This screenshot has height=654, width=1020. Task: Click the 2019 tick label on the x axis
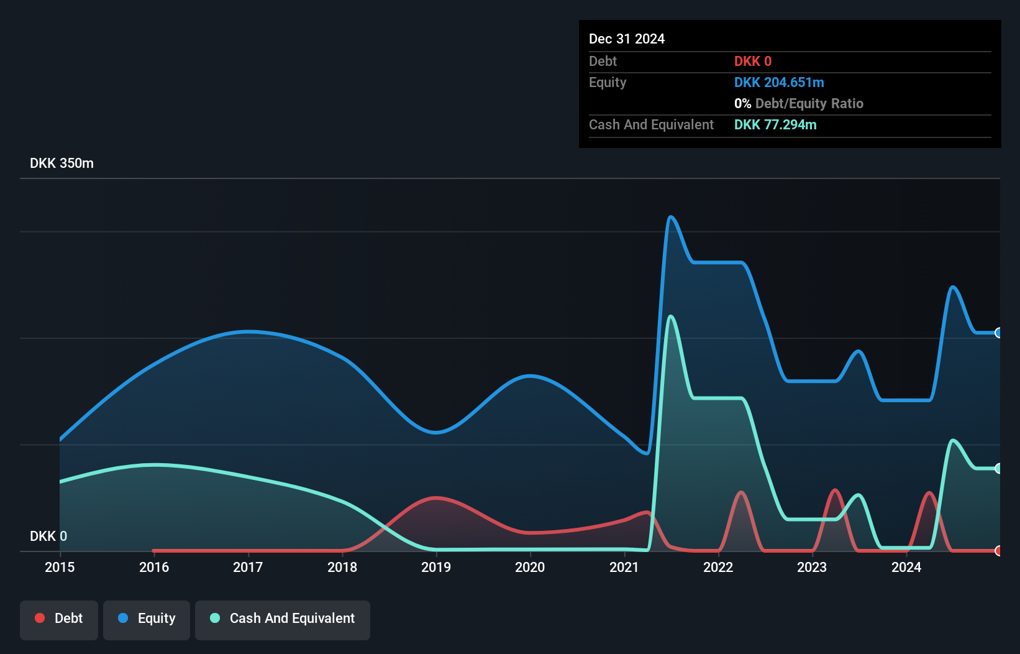tap(436, 567)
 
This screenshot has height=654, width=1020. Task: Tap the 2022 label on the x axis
tap(718, 567)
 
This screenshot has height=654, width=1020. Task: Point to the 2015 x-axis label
tap(60, 567)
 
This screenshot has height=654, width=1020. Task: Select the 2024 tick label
tap(906, 567)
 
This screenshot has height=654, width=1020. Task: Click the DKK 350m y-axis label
tap(61, 163)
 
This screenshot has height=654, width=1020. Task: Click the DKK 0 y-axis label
tap(48, 536)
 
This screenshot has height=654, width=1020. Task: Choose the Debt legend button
tap(59, 619)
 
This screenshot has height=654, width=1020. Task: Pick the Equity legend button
tap(147, 619)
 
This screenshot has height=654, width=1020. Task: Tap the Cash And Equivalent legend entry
tap(283, 619)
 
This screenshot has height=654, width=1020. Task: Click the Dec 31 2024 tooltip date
tap(626, 39)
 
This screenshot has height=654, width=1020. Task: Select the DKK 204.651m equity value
tap(779, 83)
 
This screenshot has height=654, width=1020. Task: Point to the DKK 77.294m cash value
tap(775, 125)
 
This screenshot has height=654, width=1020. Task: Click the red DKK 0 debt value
tap(752, 62)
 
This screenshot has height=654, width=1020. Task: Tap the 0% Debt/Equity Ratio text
tap(799, 104)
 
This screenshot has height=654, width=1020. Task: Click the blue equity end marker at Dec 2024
tap(998, 333)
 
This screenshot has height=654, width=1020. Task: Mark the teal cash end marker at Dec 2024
tap(998, 468)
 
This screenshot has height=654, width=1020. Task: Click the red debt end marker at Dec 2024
tap(998, 550)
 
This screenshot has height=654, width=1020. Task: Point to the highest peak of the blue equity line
tap(671, 217)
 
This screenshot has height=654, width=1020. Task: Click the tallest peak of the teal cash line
tap(670, 316)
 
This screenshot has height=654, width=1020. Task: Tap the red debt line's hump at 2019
tap(437, 497)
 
